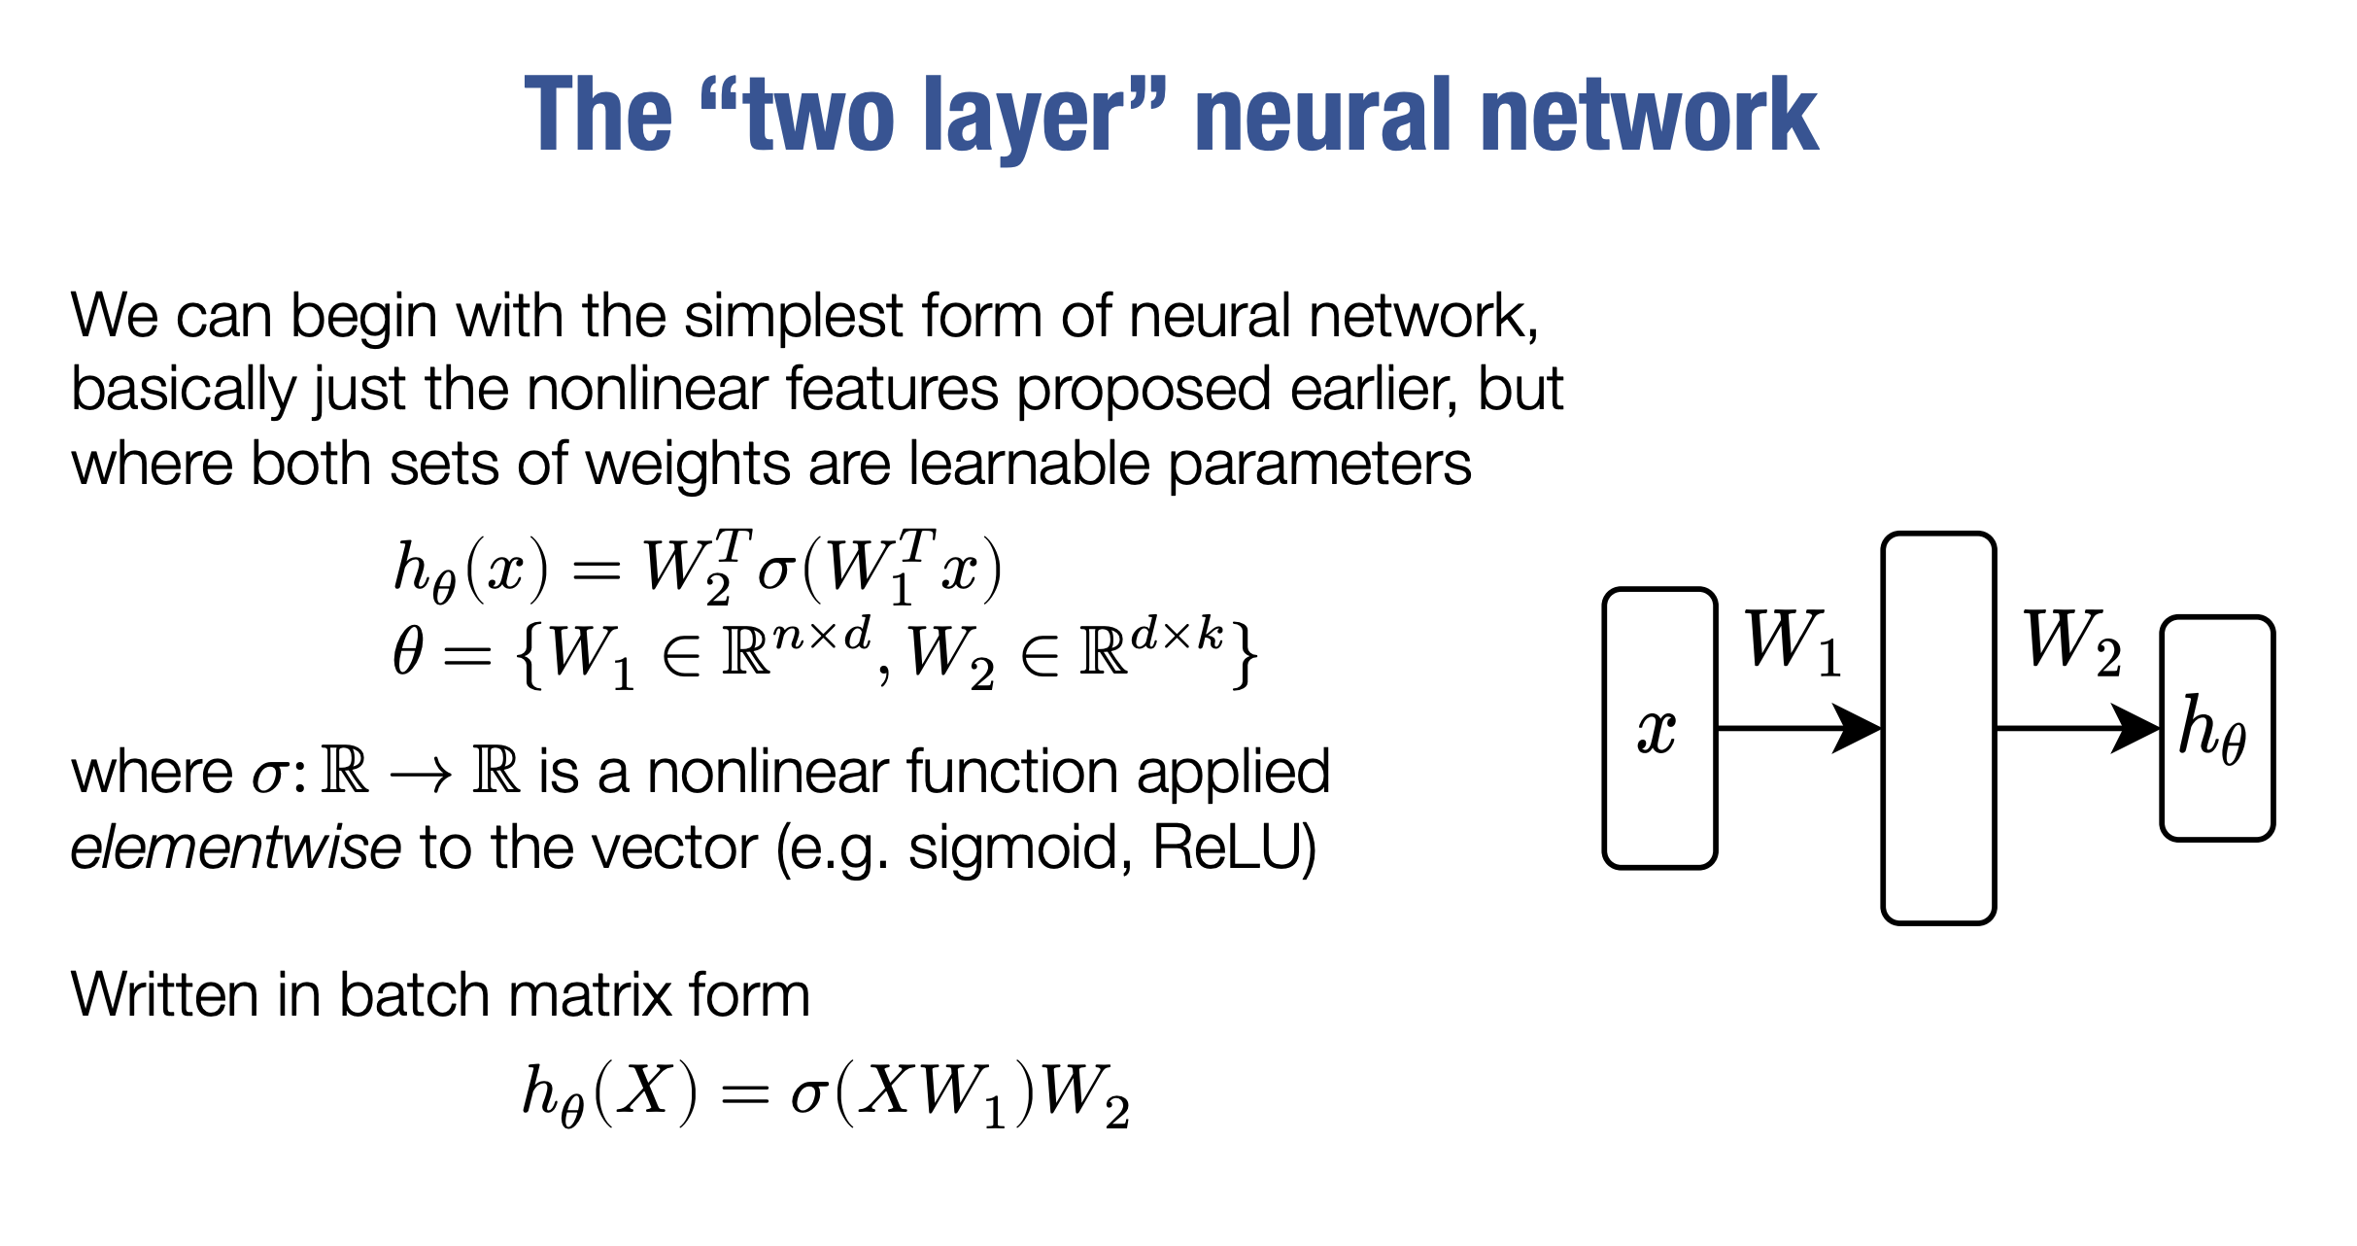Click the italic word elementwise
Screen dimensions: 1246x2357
(236, 848)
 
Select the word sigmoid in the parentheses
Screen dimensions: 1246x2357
(1019, 848)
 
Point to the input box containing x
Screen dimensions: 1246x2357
(1658, 728)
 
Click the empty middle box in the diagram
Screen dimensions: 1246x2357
(1938, 728)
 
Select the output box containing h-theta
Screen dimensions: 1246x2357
(2216, 728)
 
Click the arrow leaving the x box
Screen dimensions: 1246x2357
(1797, 728)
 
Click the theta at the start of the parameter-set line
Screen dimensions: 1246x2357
(408, 651)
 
